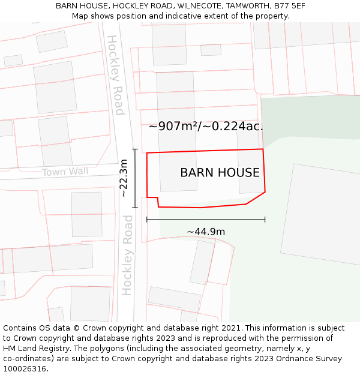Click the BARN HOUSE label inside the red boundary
click(x=220, y=173)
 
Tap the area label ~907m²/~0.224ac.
click(x=206, y=127)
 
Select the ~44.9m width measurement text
click(x=206, y=232)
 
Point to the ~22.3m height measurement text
click(x=124, y=178)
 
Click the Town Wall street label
click(x=65, y=172)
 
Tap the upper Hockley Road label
click(x=115, y=75)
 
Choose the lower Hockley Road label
click(x=127, y=255)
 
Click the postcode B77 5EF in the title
click(x=289, y=5)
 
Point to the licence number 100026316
click(x=25, y=369)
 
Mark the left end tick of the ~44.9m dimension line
click(x=147, y=220)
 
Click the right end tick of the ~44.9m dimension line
click(x=265, y=220)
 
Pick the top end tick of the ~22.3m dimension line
click(x=135, y=149)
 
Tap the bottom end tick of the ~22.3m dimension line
click(x=135, y=208)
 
